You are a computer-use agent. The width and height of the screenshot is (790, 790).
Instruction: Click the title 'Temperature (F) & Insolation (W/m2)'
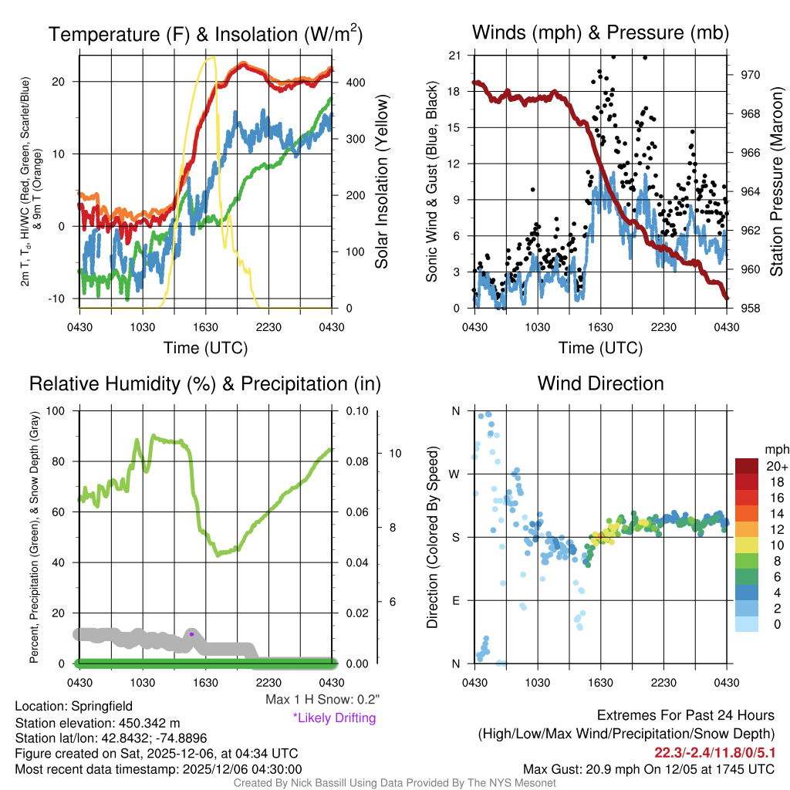click(205, 34)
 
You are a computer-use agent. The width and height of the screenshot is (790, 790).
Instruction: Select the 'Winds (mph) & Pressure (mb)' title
click(600, 32)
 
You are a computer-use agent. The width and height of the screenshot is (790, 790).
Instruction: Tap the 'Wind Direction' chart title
click(600, 383)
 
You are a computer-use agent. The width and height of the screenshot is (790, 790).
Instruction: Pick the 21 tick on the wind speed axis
click(455, 56)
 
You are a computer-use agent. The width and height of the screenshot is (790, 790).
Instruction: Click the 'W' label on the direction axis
click(455, 474)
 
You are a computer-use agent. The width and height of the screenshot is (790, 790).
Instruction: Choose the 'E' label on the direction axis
click(455, 600)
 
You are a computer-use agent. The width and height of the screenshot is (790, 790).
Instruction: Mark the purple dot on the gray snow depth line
click(191, 634)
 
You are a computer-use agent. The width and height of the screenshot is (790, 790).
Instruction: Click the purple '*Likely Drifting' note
click(334, 718)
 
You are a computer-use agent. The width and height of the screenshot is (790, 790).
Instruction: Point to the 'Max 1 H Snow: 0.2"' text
click(322, 700)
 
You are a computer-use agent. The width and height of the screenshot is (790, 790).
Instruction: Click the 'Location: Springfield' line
click(74, 706)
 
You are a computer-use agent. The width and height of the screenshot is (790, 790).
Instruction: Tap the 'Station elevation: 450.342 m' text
click(97, 723)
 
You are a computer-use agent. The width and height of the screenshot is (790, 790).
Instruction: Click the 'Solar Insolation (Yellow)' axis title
click(382, 182)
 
